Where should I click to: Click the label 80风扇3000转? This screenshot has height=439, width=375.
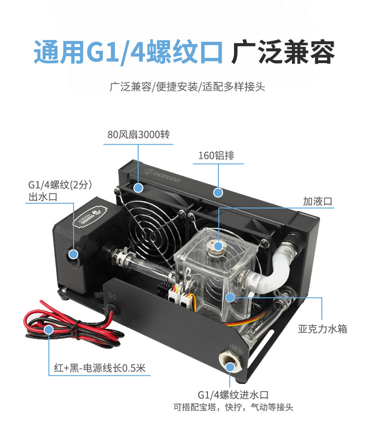138,135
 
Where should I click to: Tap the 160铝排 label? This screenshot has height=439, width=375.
216,156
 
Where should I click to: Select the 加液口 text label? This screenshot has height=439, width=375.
318,201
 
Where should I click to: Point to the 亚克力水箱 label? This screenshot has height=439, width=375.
322,329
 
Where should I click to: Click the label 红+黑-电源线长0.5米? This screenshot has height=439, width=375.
100,368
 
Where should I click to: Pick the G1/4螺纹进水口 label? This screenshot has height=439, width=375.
233,395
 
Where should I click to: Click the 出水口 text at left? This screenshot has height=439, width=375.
43,197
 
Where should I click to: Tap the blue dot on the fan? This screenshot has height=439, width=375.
138,187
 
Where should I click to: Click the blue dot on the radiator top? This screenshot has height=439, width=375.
218,193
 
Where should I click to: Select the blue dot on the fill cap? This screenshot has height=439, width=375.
218,246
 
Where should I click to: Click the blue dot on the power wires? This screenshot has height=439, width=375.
48,329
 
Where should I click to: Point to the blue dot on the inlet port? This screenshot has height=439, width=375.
230,367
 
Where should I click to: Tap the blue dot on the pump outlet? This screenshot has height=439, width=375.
74,254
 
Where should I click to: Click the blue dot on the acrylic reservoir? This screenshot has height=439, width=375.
230,297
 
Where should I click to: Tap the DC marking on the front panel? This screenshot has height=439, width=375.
112,296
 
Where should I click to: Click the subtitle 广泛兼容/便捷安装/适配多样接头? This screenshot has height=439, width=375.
187,87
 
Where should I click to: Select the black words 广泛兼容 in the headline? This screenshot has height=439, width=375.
283,52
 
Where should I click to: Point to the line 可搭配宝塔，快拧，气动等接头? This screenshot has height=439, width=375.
233,407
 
